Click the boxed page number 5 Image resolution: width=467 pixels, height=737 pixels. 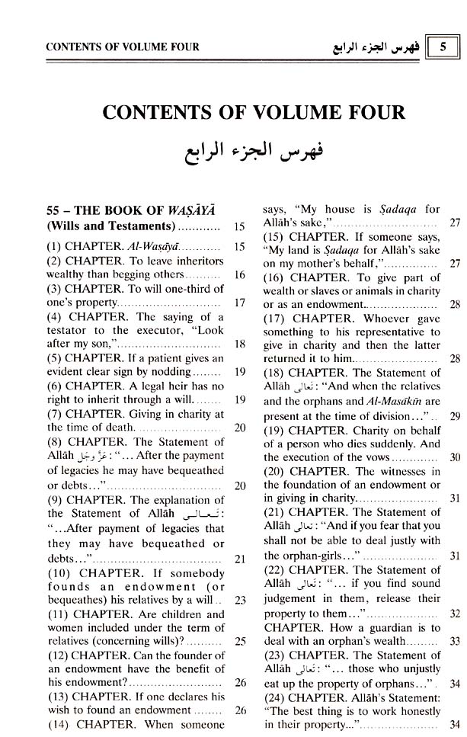tap(443, 46)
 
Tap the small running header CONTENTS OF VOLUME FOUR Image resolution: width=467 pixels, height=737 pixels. tap(123, 47)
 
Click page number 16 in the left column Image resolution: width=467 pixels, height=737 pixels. tap(239, 274)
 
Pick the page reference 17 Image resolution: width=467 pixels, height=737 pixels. tap(239, 303)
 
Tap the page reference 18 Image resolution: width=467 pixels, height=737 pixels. tap(239, 344)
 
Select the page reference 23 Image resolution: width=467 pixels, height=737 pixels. tap(239, 600)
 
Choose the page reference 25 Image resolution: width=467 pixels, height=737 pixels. tap(239, 641)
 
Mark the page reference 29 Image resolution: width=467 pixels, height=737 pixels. tap(454, 416)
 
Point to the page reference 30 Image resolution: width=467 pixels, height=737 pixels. tap(454, 457)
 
